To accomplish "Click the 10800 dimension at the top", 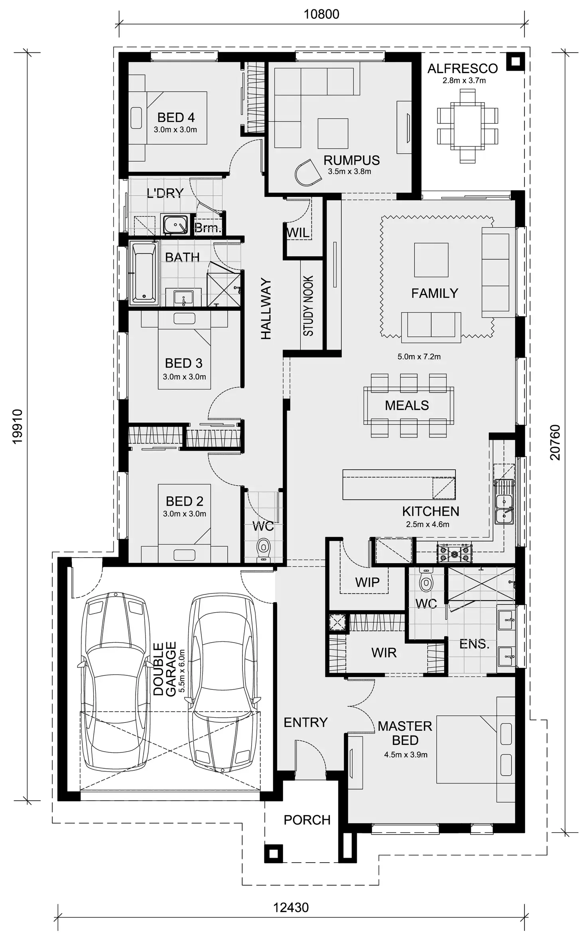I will (321, 14).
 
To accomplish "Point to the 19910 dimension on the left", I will (18, 426).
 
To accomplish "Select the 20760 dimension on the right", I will (555, 442).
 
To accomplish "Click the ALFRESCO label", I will (463, 69).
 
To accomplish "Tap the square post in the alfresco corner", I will (515, 61).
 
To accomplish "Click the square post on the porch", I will (274, 853).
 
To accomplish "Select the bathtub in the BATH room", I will (144, 272).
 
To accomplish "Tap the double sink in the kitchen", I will (504, 507).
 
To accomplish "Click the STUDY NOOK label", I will (308, 305).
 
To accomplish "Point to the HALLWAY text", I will (266, 309).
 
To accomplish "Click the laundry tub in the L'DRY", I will (175, 225).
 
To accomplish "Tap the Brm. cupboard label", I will (208, 228).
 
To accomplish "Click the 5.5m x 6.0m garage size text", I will (182, 671).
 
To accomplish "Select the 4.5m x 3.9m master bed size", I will (406, 754).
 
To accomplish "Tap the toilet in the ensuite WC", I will (426, 582).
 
